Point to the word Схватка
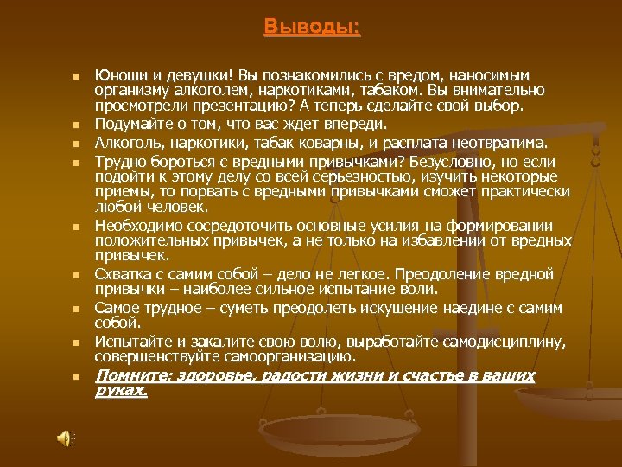[122, 274]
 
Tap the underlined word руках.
[121, 391]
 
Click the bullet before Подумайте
[76, 126]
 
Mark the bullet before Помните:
[76, 377]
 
